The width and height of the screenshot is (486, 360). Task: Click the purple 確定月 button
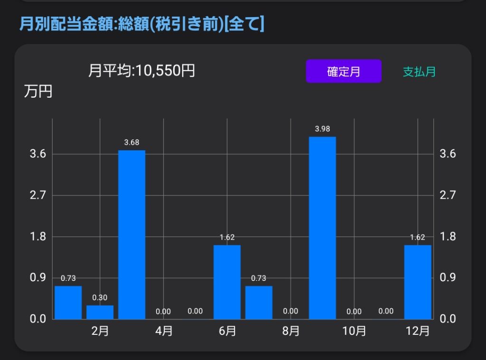[344, 71]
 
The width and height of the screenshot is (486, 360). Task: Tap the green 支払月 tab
[419, 72]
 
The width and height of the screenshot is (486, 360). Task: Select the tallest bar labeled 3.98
[322, 228]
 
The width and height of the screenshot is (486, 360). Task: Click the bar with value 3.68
[132, 234]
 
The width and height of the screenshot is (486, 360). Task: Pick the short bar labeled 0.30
[100, 312]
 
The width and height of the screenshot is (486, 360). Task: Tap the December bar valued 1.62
[418, 282]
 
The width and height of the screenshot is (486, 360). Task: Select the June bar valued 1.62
[227, 282]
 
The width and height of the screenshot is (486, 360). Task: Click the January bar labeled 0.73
[68, 303]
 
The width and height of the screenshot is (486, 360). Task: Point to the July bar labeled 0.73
[259, 303]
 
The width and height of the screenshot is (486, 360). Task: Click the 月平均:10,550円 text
[141, 70]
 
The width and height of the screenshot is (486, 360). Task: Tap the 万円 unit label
[38, 92]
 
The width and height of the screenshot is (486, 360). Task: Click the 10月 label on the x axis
[354, 331]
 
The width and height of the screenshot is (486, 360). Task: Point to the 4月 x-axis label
[164, 331]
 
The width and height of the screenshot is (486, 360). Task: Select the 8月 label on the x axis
[291, 331]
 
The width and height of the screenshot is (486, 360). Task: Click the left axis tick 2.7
[38, 195]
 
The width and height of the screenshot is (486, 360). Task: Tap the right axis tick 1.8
[448, 236]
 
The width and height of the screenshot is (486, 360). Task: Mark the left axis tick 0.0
[38, 318]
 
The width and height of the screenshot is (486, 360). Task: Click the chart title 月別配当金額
[66, 24]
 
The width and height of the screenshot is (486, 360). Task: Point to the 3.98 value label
[322, 129]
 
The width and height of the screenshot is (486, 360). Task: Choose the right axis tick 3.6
[448, 153]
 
